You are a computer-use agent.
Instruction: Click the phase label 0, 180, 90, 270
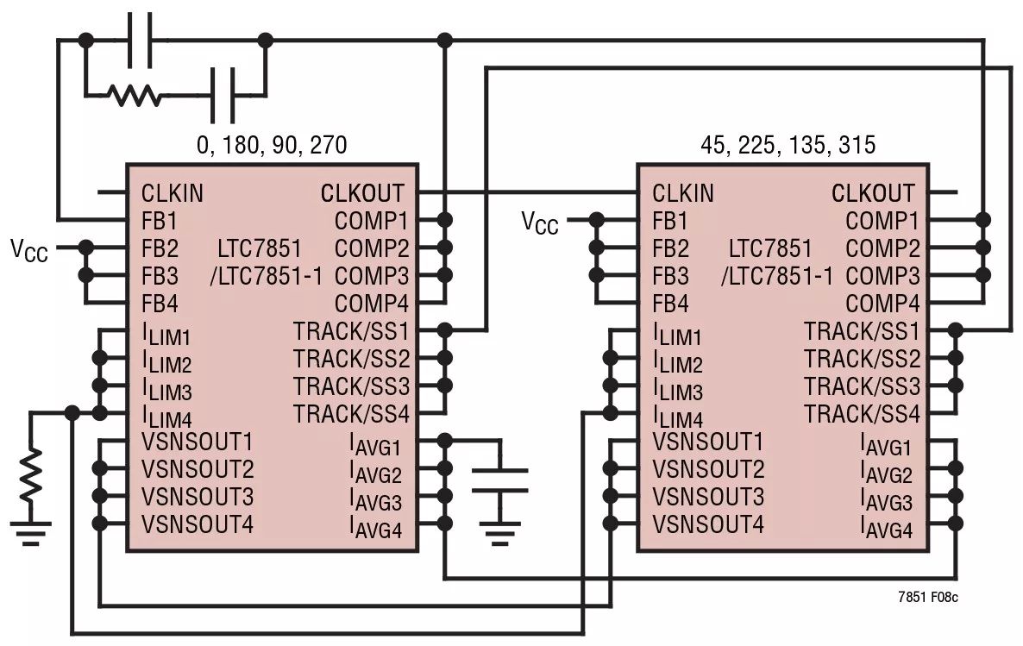(272, 145)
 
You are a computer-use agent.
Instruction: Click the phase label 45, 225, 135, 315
(788, 145)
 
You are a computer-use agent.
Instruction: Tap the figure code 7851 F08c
(928, 596)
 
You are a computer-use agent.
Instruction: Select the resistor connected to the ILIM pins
(31, 474)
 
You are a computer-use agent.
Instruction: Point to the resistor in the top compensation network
(135, 95)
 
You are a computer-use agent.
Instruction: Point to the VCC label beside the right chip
(540, 223)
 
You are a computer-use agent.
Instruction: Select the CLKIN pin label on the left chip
(173, 193)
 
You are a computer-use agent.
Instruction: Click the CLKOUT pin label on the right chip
(872, 193)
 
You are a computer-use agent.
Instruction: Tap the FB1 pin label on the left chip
(160, 221)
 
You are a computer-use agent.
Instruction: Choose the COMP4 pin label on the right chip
(882, 304)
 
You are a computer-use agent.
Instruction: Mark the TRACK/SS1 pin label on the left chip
(350, 331)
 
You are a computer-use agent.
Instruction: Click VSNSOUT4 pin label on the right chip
(707, 524)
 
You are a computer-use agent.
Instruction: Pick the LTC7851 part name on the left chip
(260, 249)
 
